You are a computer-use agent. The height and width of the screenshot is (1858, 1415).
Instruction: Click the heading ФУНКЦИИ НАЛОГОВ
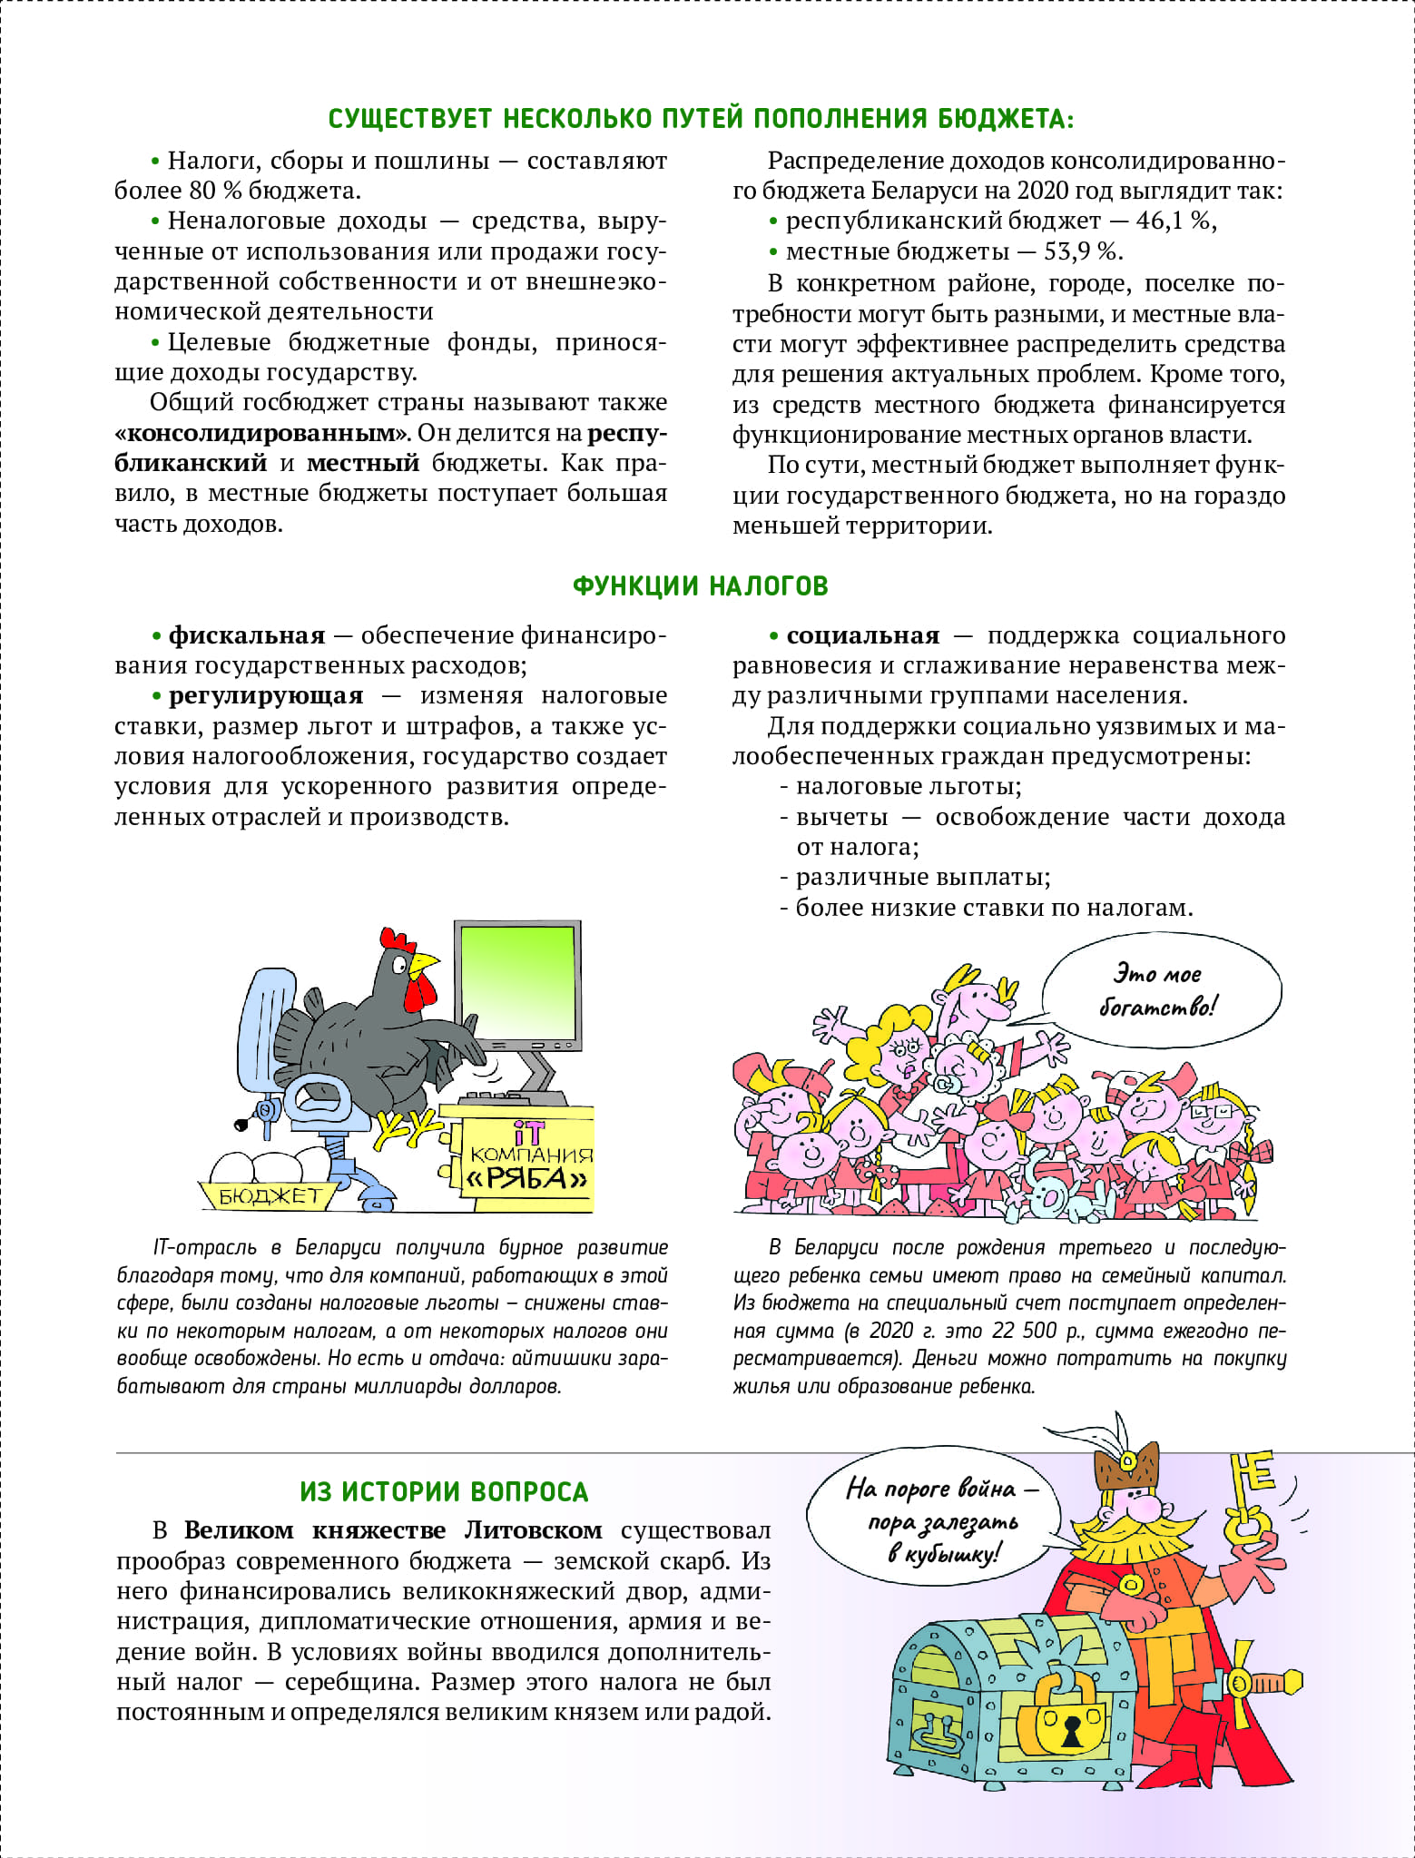[700, 586]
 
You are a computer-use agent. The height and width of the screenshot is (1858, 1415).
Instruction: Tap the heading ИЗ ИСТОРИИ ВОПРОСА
[444, 1492]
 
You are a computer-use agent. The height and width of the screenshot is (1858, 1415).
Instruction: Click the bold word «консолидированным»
[261, 433]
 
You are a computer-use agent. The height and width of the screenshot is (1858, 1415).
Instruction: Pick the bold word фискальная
[246, 635]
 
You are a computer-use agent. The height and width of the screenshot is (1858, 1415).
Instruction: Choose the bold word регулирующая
[265, 696]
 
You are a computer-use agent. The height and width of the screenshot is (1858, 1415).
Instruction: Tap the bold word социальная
[862, 635]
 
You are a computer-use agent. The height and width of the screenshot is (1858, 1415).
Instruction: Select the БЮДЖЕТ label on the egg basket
[269, 1196]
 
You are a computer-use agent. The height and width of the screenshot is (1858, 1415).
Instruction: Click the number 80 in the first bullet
[202, 191]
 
